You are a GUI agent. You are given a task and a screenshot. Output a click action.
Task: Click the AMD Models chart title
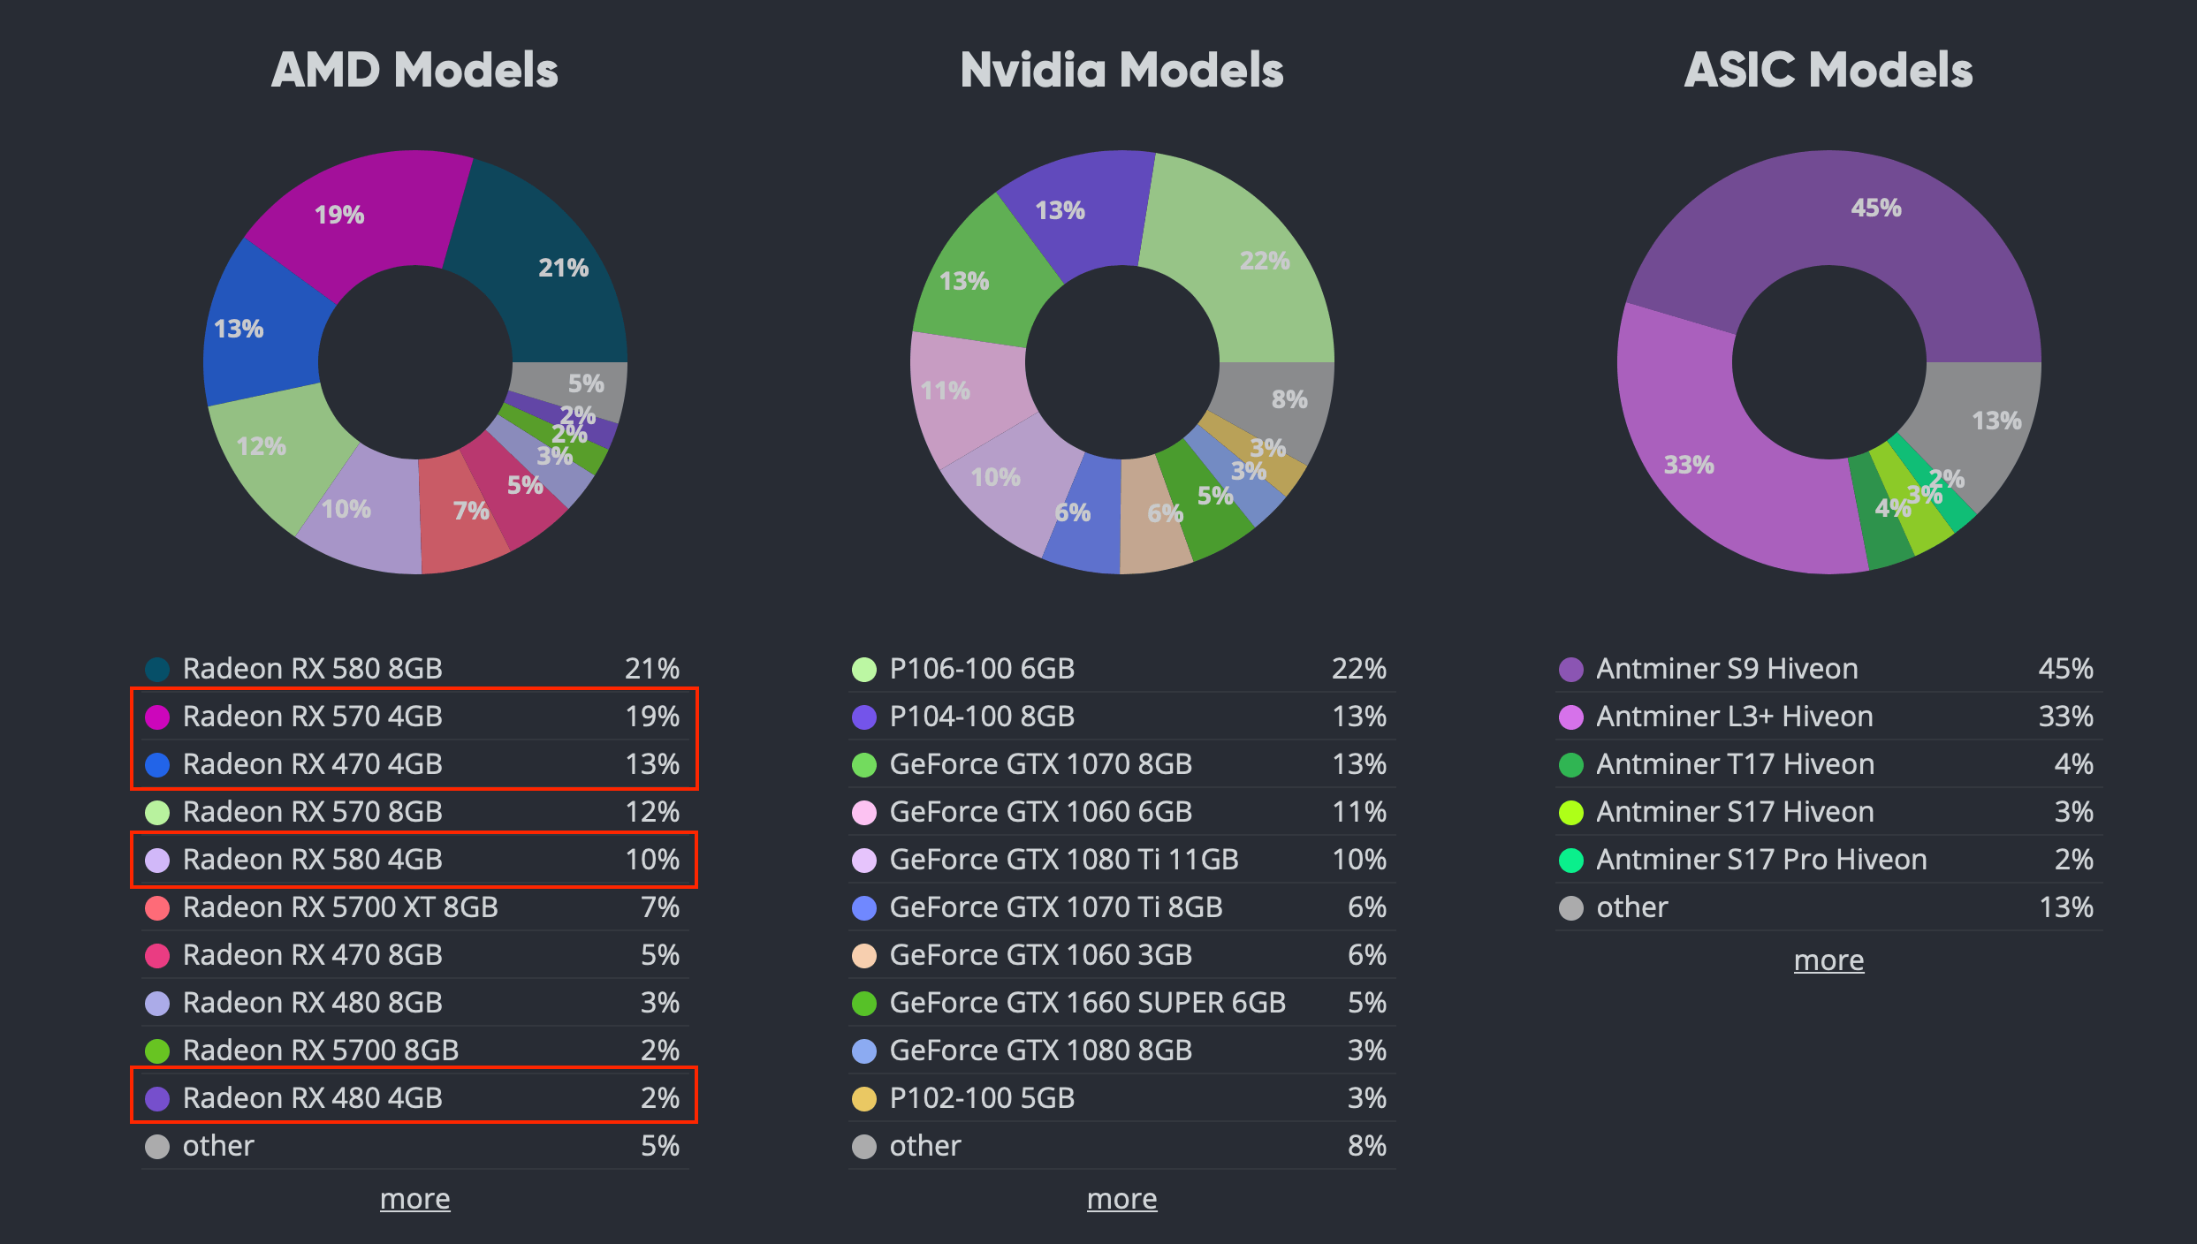(414, 70)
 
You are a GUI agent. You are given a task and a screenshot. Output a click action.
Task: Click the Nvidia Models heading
(1121, 70)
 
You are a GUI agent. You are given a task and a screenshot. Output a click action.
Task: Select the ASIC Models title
(1828, 70)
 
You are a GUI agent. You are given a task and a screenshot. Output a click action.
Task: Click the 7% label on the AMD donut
(471, 511)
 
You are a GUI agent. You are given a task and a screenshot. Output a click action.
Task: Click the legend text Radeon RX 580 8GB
(312, 669)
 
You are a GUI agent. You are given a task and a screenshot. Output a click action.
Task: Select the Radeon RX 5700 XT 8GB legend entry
(340, 907)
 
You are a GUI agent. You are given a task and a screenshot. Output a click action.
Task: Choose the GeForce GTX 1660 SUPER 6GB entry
(1087, 1003)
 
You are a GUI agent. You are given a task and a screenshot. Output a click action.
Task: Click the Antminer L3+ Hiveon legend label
(1734, 717)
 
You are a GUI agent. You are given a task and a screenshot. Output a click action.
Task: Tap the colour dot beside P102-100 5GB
(863, 1098)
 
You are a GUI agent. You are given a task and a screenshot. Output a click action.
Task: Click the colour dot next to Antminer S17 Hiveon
(1570, 812)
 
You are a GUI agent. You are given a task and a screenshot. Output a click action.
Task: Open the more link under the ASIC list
(1828, 960)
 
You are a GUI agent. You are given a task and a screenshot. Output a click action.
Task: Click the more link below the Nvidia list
(1121, 1199)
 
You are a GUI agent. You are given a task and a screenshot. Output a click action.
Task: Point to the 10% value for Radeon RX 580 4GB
(652, 860)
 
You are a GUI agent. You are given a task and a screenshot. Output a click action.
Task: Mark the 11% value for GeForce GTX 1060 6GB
(1359, 812)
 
